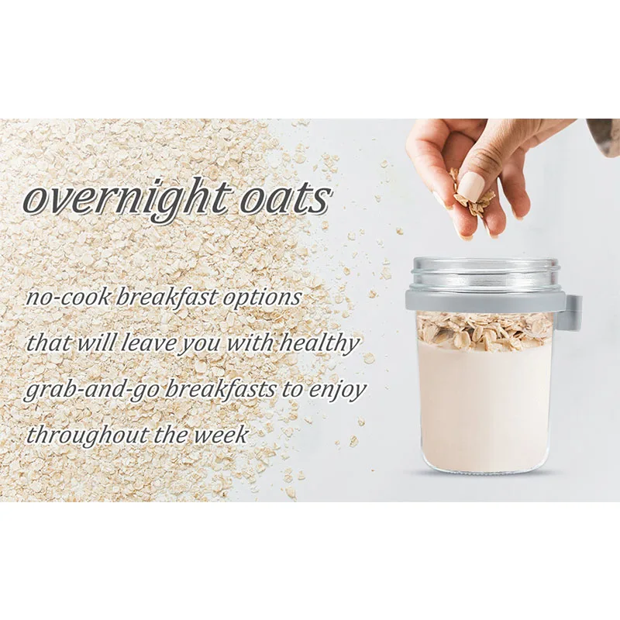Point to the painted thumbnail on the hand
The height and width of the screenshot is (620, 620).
pyautogui.click(x=470, y=186)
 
